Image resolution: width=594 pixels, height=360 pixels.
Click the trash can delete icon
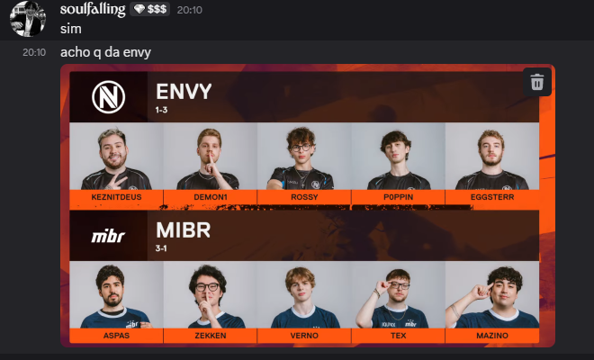click(536, 82)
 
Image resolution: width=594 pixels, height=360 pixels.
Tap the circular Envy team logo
click(108, 97)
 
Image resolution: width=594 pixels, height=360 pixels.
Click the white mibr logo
click(108, 236)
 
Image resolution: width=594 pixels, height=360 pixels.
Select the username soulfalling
click(93, 9)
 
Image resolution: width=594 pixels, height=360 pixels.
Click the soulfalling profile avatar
click(28, 19)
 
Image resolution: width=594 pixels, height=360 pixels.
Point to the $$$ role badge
click(150, 9)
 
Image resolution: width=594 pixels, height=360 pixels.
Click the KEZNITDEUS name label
click(116, 197)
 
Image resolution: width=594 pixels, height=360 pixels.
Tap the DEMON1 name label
click(211, 197)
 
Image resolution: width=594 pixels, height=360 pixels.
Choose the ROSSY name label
click(304, 197)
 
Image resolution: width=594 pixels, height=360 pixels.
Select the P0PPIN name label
click(398, 197)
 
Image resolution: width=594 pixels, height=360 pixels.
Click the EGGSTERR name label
click(492, 197)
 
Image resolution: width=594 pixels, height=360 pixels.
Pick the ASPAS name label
click(116, 336)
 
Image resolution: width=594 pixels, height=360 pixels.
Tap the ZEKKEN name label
click(211, 336)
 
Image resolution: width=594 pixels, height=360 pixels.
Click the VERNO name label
click(304, 336)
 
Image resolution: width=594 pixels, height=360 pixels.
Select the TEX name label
click(398, 336)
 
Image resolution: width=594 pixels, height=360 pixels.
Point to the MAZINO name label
click(492, 336)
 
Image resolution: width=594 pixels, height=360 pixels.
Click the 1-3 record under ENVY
click(161, 110)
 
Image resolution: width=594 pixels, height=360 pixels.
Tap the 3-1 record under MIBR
click(161, 248)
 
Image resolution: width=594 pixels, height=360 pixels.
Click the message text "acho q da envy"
click(105, 52)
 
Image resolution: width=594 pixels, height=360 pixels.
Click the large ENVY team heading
click(184, 91)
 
